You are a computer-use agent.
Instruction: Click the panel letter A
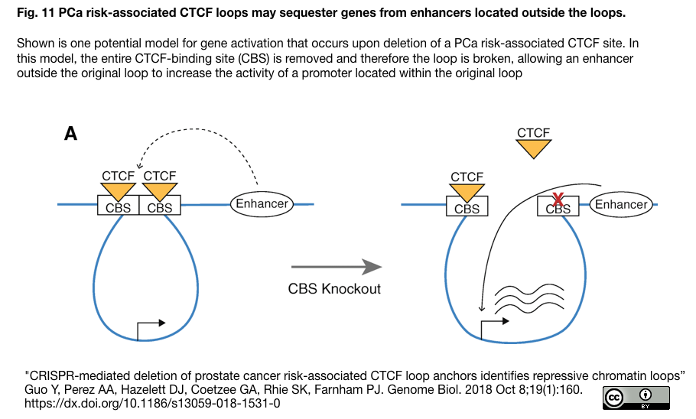tap(70, 135)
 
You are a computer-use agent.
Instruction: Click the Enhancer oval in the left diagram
tap(262, 203)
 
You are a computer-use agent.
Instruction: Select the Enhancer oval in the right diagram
tap(621, 204)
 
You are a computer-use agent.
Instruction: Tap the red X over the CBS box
tap(558, 200)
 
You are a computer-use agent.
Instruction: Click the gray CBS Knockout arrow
tap(336, 266)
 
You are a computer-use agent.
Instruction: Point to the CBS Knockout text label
tap(334, 289)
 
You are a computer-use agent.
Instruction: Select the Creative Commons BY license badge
tap(636, 398)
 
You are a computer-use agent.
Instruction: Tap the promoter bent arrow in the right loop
tap(493, 327)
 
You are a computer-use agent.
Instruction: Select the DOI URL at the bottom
tap(153, 404)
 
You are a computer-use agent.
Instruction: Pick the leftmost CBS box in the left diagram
tap(118, 207)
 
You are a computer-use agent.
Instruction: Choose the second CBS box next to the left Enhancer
tap(160, 207)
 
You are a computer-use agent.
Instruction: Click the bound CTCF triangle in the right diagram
tap(467, 192)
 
